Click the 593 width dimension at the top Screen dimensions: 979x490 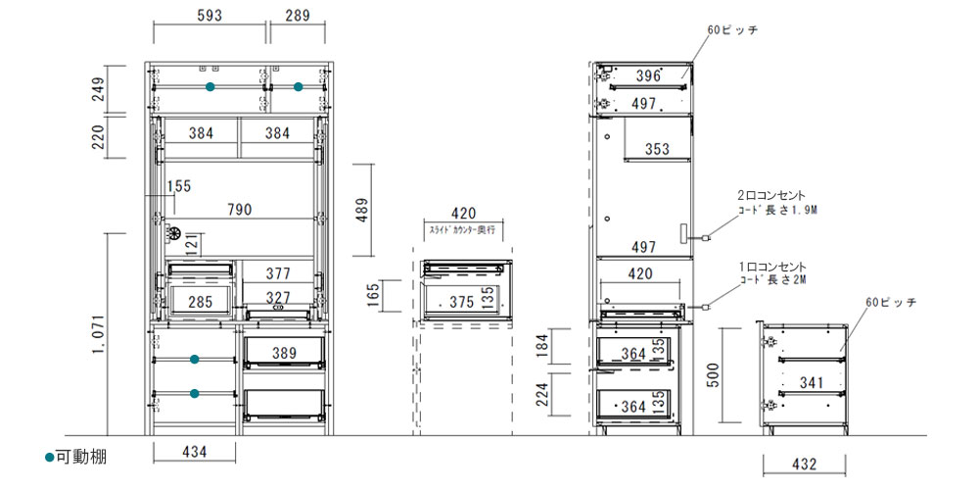click(x=210, y=17)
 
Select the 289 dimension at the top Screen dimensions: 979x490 click(x=298, y=17)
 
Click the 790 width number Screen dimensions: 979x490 click(x=240, y=210)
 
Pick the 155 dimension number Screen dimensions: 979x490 click(x=179, y=186)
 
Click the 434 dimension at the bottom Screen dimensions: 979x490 click(x=194, y=451)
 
